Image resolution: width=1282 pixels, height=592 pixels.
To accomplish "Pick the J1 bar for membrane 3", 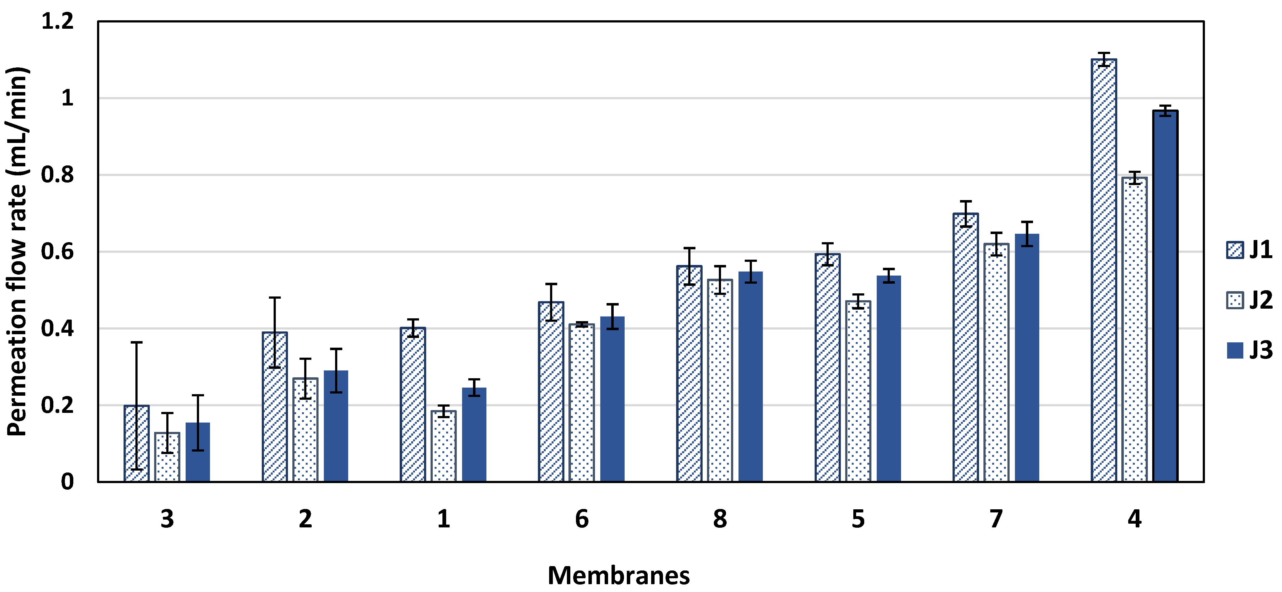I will [136, 443].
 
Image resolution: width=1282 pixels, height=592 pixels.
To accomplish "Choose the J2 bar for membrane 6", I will [582, 403].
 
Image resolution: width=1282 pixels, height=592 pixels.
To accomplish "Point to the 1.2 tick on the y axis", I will [57, 22].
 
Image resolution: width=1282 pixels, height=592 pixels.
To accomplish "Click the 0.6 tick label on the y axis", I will [57, 252].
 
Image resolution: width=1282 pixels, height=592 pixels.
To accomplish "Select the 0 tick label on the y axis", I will [67, 482].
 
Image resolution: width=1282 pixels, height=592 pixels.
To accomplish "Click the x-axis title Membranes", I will [619, 575].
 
